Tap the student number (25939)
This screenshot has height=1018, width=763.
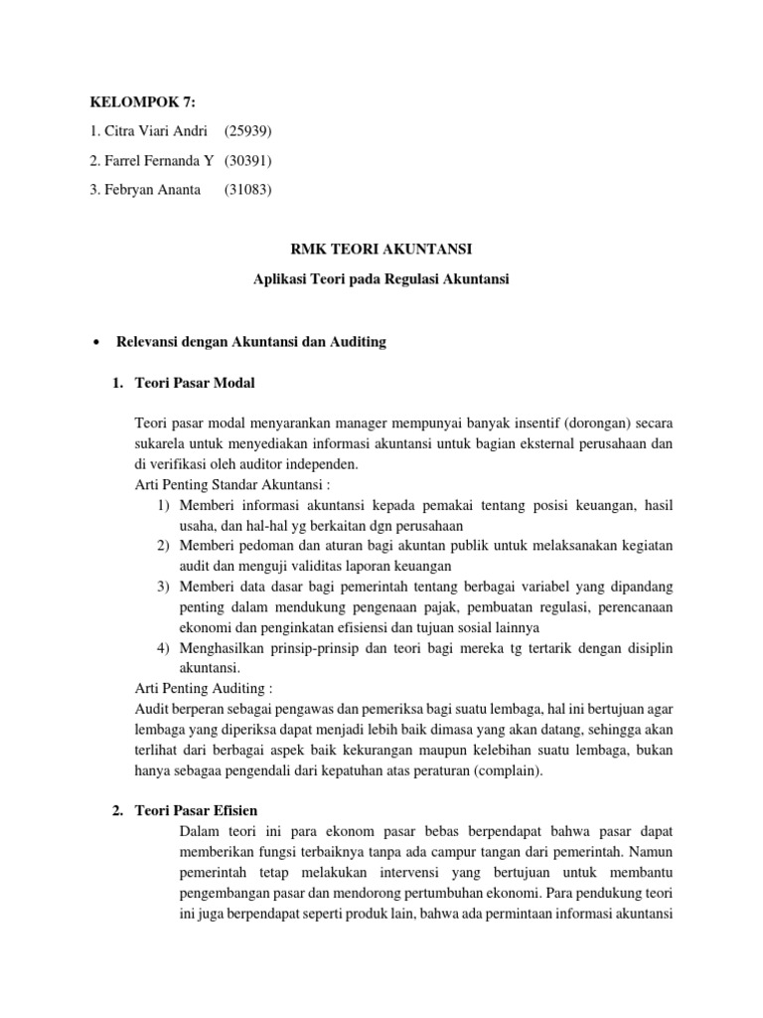[x=247, y=131]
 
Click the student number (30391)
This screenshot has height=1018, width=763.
[x=247, y=160]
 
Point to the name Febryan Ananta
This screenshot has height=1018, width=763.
[x=145, y=189]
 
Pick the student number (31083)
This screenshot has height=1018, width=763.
[x=247, y=189]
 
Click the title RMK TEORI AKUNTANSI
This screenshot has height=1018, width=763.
[x=381, y=253]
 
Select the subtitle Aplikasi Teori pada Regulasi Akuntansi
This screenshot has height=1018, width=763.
[x=381, y=281]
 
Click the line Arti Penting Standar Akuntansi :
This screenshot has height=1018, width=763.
[x=230, y=485]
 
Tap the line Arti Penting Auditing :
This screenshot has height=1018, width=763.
[x=202, y=687]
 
